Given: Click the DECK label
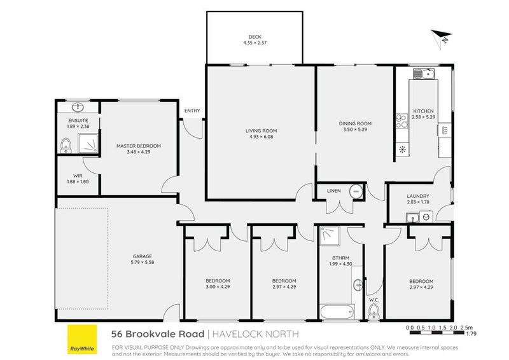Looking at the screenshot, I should click(x=256, y=36).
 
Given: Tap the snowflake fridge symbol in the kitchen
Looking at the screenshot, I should click(x=402, y=150).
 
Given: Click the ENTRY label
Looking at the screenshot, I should click(x=192, y=111).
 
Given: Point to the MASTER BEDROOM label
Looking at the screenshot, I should click(x=138, y=146).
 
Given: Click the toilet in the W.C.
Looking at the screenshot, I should click(x=373, y=311).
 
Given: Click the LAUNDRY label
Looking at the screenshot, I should click(x=418, y=197).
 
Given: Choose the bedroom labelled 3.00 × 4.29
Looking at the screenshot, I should click(x=218, y=284).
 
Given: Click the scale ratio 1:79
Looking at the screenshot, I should click(x=471, y=333).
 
